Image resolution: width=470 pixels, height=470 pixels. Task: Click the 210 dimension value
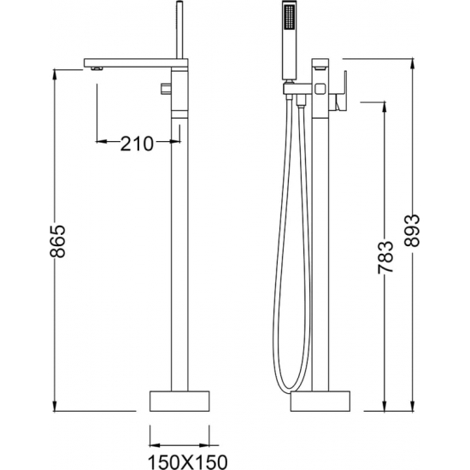pyautogui.click(x=137, y=143)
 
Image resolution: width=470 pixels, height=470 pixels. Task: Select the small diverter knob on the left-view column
pyautogui.click(x=163, y=89)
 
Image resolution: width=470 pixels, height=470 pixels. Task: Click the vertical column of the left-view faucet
pyautogui.click(x=178, y=256)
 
